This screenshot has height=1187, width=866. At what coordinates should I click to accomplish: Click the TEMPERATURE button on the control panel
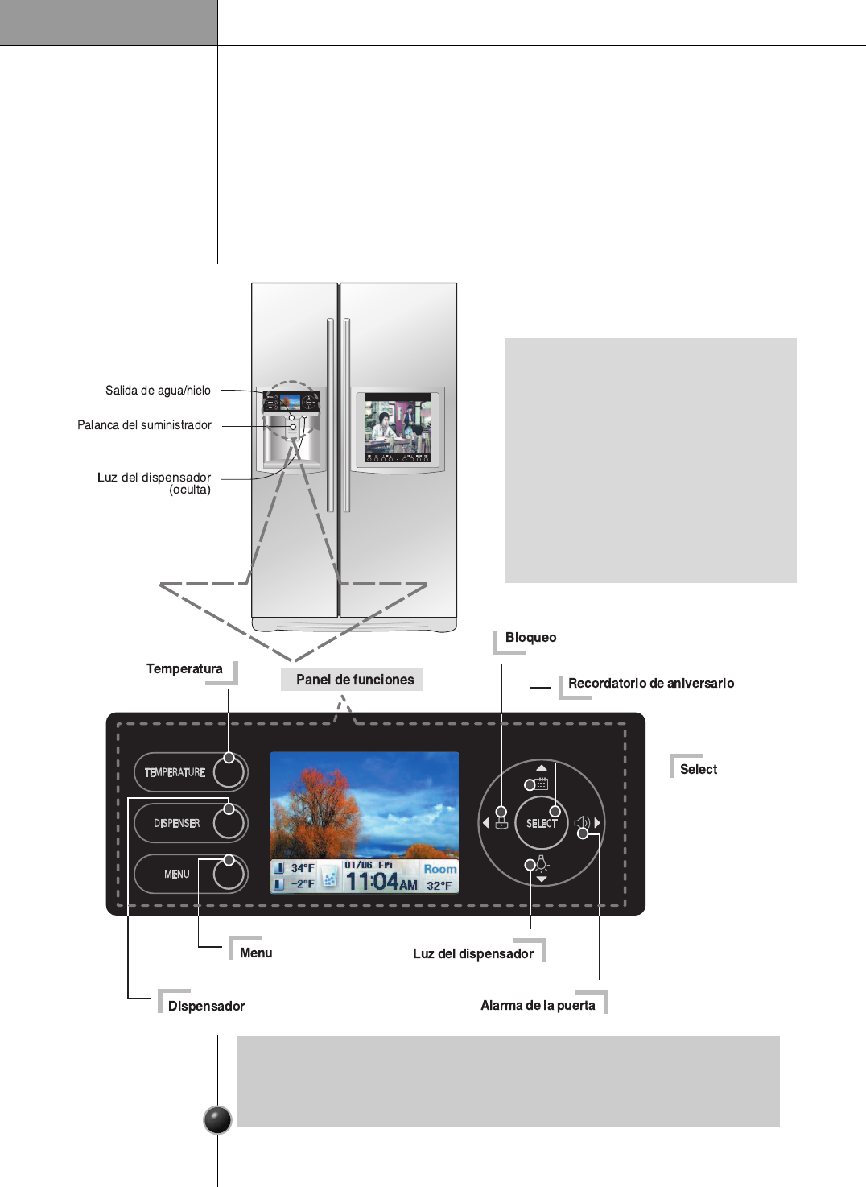tap(190, 772)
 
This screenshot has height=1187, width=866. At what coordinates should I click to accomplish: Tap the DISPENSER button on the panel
tap(190, 823)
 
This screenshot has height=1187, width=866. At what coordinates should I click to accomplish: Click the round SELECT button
tap(542, 823)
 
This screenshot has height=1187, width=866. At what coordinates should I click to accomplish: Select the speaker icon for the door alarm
tap(582, 823)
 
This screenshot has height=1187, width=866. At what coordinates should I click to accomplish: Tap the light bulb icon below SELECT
tap(542, 864)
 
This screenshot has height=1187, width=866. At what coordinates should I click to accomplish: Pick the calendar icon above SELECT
tap(541, 783)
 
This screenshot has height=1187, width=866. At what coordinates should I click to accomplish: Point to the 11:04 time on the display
tap(373, 882)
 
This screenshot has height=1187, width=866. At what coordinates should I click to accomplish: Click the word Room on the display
tap(439, 869)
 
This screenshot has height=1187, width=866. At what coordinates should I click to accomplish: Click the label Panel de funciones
tap(354, 680)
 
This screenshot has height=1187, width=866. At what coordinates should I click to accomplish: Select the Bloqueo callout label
tap(530, 638)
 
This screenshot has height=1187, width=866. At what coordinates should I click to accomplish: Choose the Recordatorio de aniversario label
tap(650, 684)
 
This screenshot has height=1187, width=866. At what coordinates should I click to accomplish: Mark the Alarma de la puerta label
tap(538, 1005)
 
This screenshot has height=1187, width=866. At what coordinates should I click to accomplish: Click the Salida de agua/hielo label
tap(158, 391)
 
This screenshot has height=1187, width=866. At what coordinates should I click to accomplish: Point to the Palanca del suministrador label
tap(144, 425)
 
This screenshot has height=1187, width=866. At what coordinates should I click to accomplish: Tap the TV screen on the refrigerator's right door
tap(398, 427)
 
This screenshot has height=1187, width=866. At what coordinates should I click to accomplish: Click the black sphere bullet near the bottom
tap(217, 1119)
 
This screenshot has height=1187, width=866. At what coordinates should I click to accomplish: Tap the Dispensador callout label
tap(206, 1006)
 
